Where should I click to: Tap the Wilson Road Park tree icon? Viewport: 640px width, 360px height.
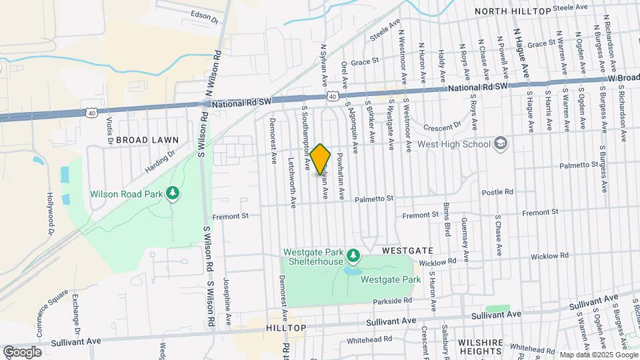tap(173, 193)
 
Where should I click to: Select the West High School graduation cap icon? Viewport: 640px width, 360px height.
tap(501, 143)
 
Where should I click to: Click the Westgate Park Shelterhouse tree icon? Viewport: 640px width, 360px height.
tap(353, 255)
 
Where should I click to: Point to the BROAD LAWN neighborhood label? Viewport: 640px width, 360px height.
tap(147, 140)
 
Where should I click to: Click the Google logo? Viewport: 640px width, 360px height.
tap(22, 351)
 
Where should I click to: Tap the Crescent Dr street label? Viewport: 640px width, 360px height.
tap(448, 124)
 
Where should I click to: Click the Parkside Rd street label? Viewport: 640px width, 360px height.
tap(394, 301)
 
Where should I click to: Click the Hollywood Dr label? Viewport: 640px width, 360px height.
tap(50, 214)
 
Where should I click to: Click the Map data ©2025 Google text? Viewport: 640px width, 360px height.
tap(598, 354)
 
